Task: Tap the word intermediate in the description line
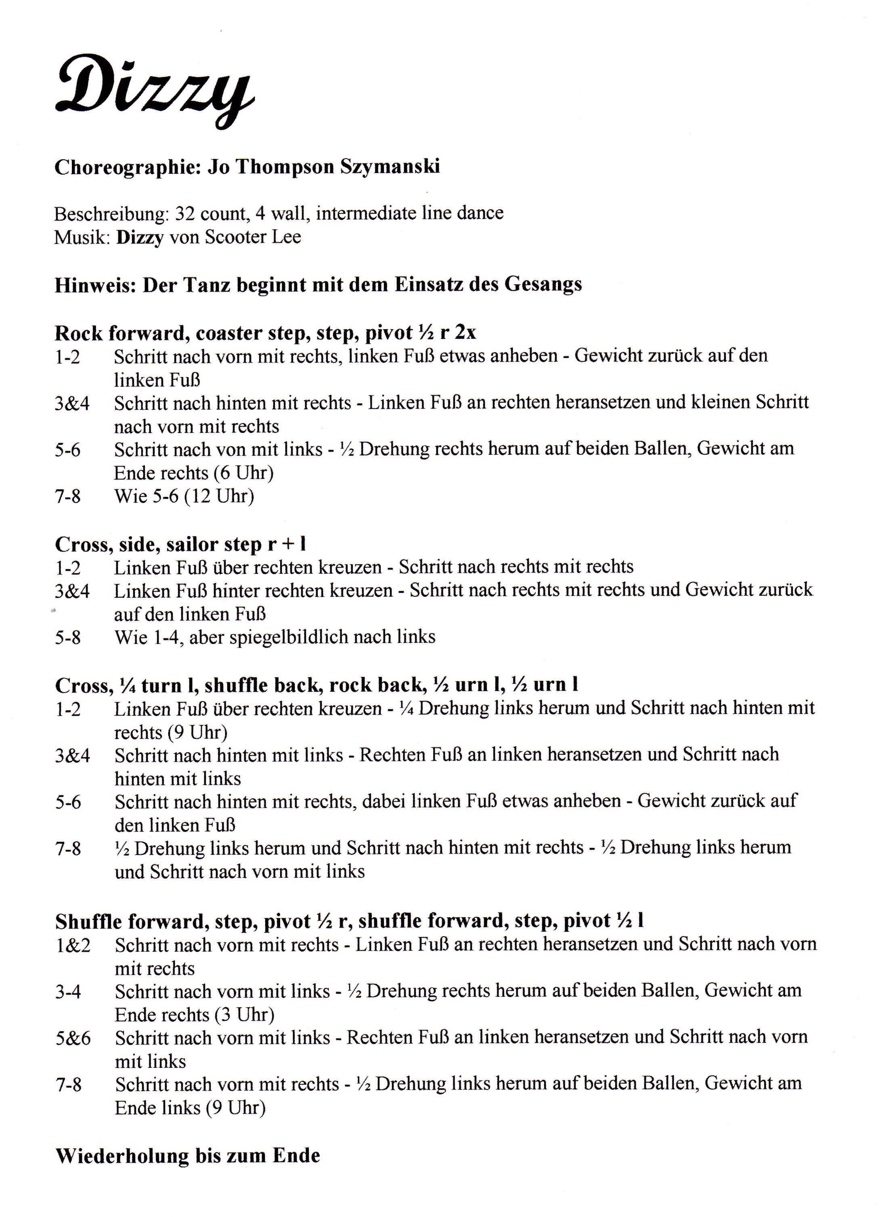pyautogui.click(x=366, y=213)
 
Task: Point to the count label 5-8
pyautogui.click(x=68, y=637)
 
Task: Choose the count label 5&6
pyautogui.click(x=73, y=1038)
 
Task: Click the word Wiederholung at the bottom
pyautogui.click(x=122, y=1155)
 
